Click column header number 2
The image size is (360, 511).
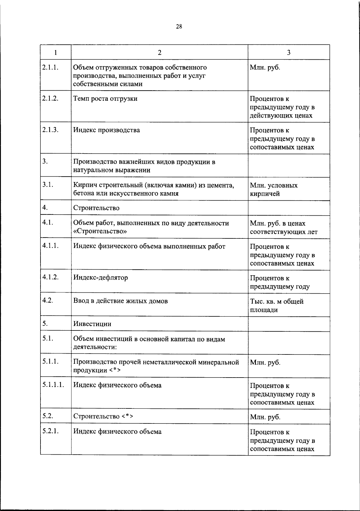(160, 52)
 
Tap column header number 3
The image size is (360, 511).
(289, 52)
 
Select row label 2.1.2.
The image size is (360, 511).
(50, 98)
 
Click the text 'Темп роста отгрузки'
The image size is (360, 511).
(105, 99)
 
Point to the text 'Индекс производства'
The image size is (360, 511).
(106, 130)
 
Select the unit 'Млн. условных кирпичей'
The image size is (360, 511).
(274, 190)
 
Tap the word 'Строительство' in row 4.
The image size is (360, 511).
(96, 208)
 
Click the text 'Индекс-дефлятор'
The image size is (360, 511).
(100, 278)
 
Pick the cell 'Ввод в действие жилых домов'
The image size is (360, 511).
(120, 301)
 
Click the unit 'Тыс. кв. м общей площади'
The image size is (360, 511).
(276, 306)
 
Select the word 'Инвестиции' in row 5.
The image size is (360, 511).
(92, 324)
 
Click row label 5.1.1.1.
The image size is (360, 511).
(53, 385)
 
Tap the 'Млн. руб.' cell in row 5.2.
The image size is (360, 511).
(265, 417)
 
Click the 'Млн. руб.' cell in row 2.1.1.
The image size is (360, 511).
(265, 67)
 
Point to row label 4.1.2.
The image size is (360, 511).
(50, 277)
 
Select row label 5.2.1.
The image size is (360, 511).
(50, 431)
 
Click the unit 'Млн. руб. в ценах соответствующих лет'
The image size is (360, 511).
(283, 228)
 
